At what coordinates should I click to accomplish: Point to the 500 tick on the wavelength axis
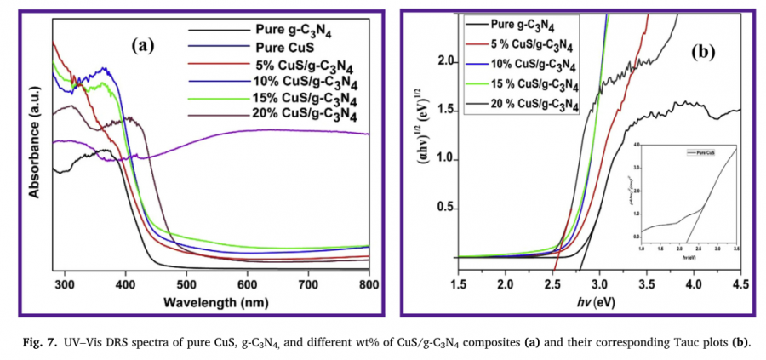click(186, 284)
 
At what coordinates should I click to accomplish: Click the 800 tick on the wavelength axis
click(369, 284)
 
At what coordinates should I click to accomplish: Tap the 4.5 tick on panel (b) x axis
click(740, 283)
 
